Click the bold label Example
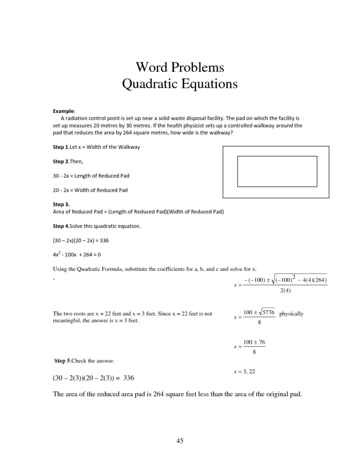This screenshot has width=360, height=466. pos(63,110)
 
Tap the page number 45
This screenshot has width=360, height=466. pos(180,441)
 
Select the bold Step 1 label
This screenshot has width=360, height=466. pos(61,147)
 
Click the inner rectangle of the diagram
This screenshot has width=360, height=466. pos(277,172)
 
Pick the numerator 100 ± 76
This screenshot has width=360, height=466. pos(254,342)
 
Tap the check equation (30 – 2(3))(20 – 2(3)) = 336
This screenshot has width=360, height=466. pos(93,378)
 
